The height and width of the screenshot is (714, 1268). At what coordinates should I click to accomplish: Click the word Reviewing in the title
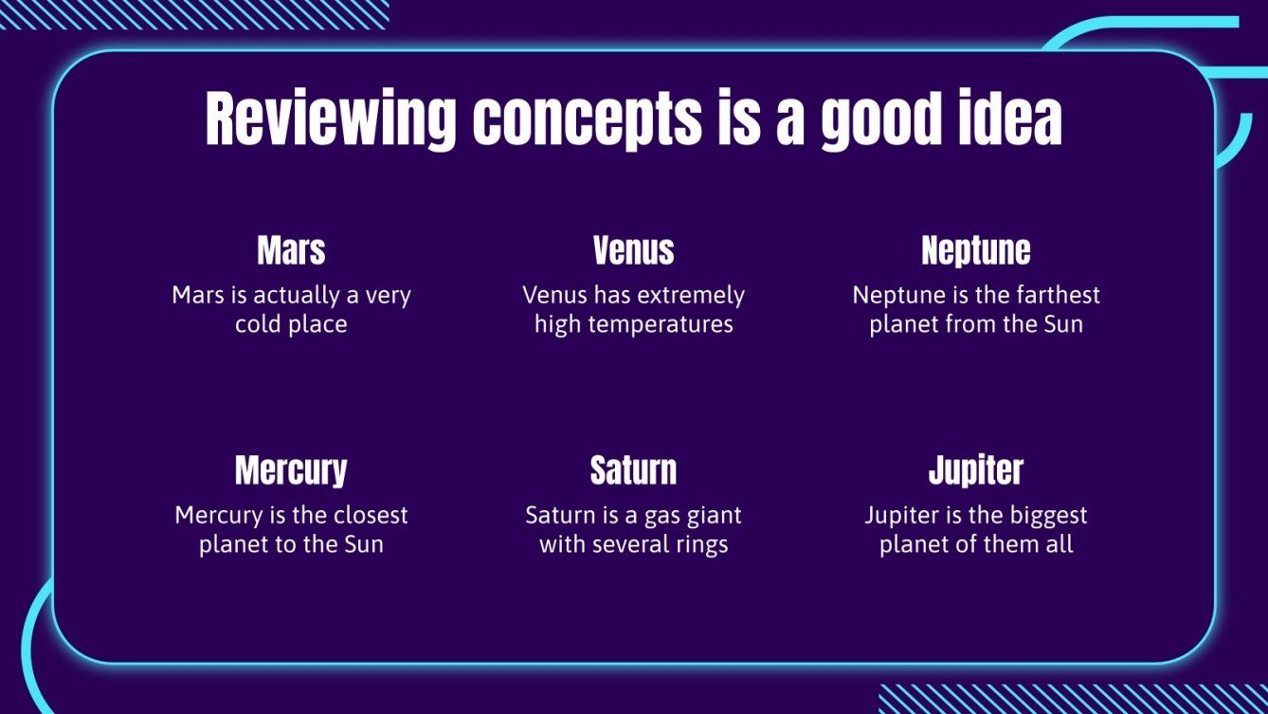point(331,119)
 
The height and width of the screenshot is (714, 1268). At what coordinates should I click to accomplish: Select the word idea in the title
point(1010,116)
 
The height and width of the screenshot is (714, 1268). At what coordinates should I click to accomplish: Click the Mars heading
point(291,249)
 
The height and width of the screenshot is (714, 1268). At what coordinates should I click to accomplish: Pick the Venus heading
point(633,249)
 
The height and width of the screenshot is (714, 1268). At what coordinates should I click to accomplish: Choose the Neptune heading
point(976,251)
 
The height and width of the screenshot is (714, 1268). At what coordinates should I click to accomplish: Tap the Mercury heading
point(291,470)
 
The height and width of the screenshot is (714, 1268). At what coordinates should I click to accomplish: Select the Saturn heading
point(633,470)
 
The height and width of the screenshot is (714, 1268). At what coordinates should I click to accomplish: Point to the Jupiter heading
point(976,470)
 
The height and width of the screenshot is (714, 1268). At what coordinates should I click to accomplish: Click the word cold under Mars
point(259,324)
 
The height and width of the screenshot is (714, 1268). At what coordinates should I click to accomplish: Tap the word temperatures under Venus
point(661,325)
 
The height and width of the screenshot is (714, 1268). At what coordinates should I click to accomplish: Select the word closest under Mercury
point(371,515)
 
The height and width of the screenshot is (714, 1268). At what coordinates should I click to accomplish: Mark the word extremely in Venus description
point(690,296)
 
